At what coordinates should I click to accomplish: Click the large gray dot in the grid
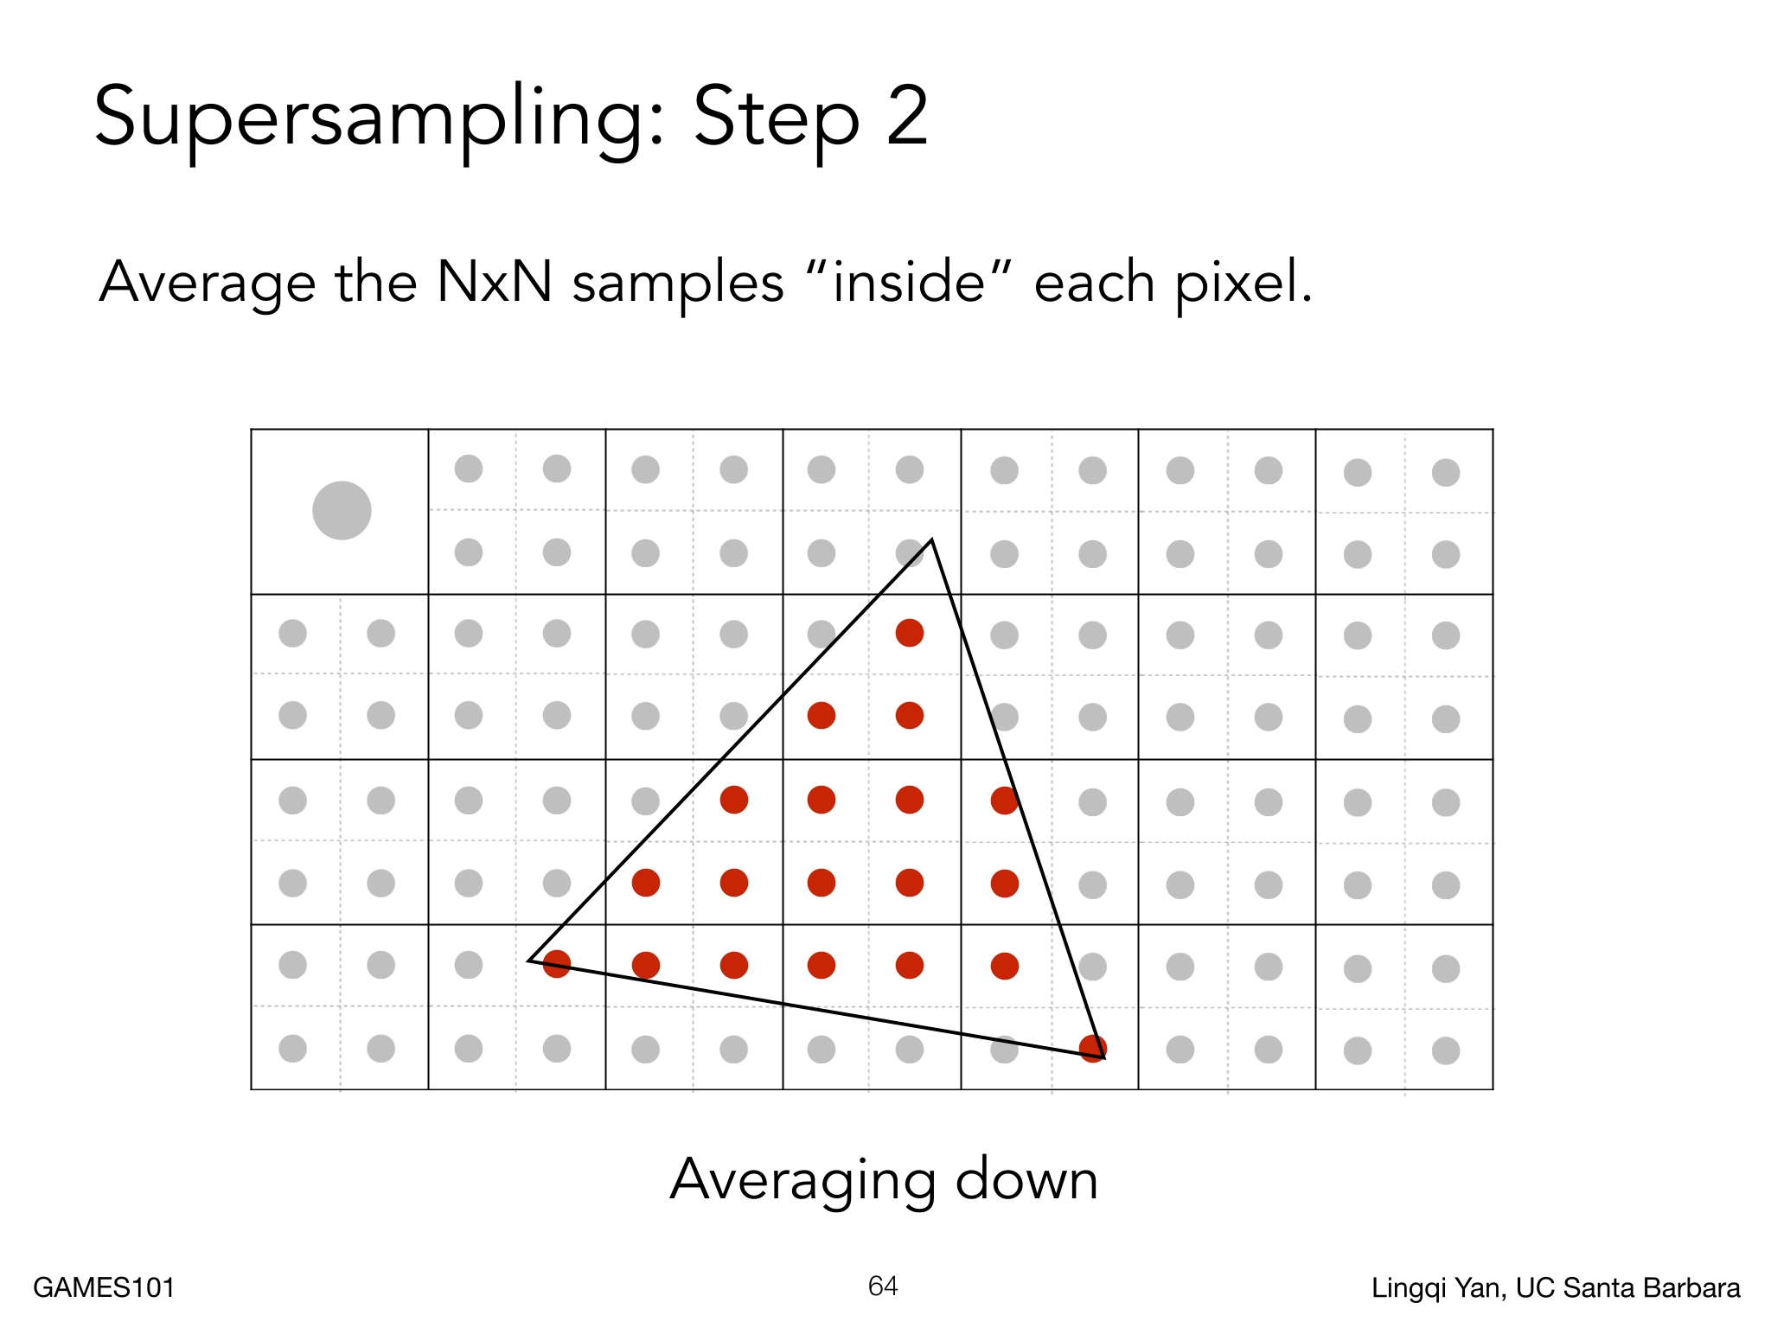(342, 510)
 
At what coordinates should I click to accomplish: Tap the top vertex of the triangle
(931, 539)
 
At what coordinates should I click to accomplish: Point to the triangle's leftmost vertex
(528, 960)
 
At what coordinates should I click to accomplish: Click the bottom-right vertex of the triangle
(1104, 1057)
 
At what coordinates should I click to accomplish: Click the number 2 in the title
(907, 114)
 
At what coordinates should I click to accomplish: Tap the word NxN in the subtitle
(495, 282)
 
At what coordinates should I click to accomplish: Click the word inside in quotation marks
(909, 282)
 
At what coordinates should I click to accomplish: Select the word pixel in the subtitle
(1244, 284)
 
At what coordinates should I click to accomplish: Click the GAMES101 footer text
(104, 1287)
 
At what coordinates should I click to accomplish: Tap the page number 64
(883, 1286)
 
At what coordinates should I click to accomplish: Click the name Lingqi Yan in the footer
(1435, 1289)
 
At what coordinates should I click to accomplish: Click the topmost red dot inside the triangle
(910, 633)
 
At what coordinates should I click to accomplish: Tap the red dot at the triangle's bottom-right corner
(1093, 1049)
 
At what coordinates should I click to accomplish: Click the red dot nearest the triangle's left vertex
(557, 964)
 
